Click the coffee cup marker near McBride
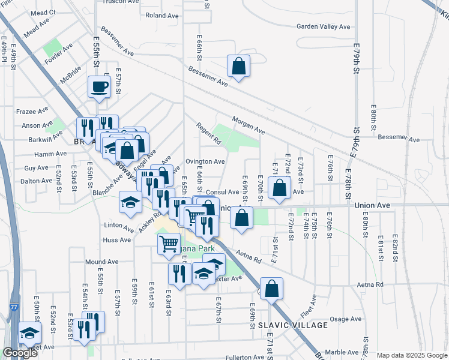tap(99, 87)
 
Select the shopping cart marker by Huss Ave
tap(169, 244)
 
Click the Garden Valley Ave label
tap(323, 26)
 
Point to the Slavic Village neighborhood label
tap(293, 325)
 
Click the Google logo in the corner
tap(20, 353)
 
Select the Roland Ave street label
tap(159, 16)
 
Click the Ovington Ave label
tap(205, 161)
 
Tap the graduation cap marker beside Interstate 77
tap(29, 332)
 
